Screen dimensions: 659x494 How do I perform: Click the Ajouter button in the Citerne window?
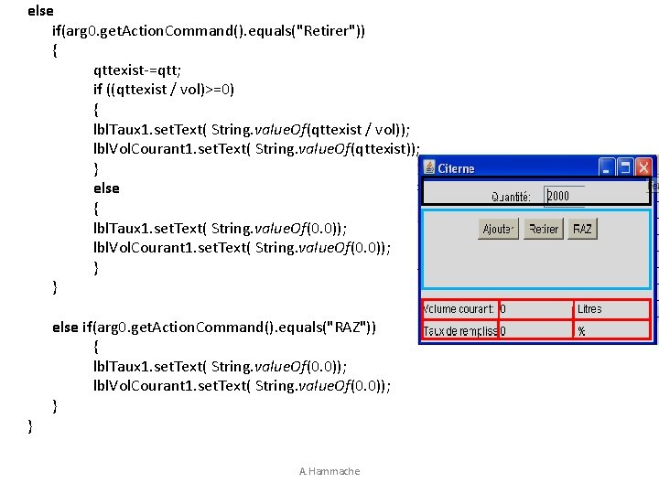click(498, 229)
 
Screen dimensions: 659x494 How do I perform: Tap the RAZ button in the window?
click(581, 229)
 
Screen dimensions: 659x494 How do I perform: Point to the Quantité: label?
click(511, 196)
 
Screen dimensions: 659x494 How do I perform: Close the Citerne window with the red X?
click(644, 167)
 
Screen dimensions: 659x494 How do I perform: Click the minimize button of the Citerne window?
click(606, 167)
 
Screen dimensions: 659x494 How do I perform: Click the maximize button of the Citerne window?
click(625, 167)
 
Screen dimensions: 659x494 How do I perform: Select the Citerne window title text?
click(456, 168)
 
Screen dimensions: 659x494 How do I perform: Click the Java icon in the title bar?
click(428, 168)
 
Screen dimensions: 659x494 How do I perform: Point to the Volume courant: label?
click(459, 309)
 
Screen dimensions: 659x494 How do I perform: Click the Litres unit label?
click(589, 309)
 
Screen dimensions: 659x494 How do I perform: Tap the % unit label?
click(581, 330)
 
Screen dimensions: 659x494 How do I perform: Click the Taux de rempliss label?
click(459, 330)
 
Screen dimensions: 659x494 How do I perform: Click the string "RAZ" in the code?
click(351, 327)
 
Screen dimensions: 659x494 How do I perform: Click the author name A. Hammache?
click(329, 471)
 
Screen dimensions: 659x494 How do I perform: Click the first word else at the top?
click(40, 11)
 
